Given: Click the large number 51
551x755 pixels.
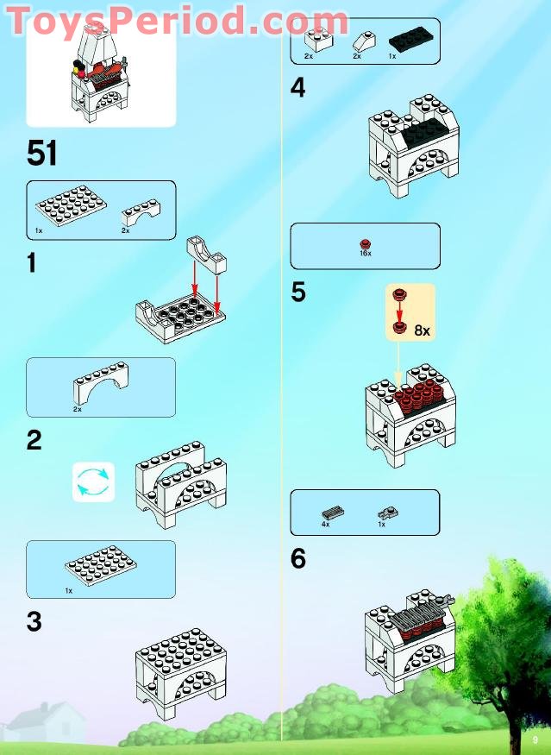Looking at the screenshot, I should pos(42,153).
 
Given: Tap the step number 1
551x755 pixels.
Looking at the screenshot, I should pos(32,263).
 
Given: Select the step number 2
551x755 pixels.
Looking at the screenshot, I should pos(34,440).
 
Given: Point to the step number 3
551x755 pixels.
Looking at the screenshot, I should pos(34,621).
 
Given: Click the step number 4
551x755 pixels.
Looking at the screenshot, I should pos(298,88).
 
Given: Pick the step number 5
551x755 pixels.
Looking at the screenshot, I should pos(298,293).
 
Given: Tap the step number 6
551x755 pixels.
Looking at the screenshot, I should pos(298,559).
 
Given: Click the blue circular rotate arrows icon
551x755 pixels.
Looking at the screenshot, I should pos(93,481).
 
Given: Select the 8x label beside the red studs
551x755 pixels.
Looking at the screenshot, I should pos(422,330).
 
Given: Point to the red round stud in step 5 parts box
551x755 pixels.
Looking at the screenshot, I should pos(365,243).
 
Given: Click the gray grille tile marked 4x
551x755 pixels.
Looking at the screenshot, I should pos(330,513).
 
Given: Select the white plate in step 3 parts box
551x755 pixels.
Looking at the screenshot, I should pos(100,566).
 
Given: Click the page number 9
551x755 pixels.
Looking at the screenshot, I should pos(535,739).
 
